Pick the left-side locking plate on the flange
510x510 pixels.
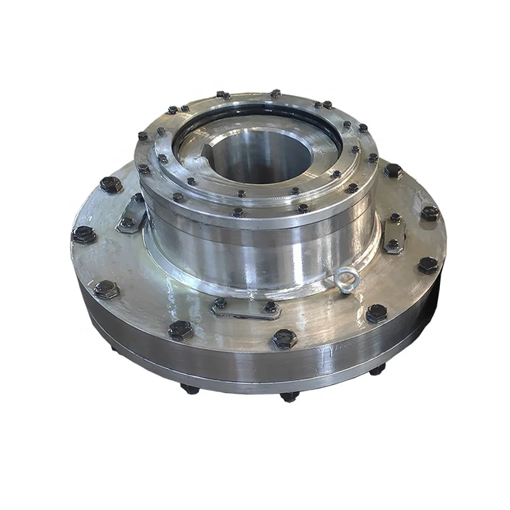(132, 213)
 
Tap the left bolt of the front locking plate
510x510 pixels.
(221, 303)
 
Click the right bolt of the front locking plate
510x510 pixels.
(270, 307)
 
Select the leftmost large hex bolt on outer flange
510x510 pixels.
(84, 235)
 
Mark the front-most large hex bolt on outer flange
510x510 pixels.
(284, 338)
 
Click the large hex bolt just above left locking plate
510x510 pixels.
(112, 185)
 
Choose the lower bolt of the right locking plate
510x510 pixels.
(394, 244)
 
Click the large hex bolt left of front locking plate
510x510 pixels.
(180, 330)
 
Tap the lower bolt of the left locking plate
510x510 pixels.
(127, 222)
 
